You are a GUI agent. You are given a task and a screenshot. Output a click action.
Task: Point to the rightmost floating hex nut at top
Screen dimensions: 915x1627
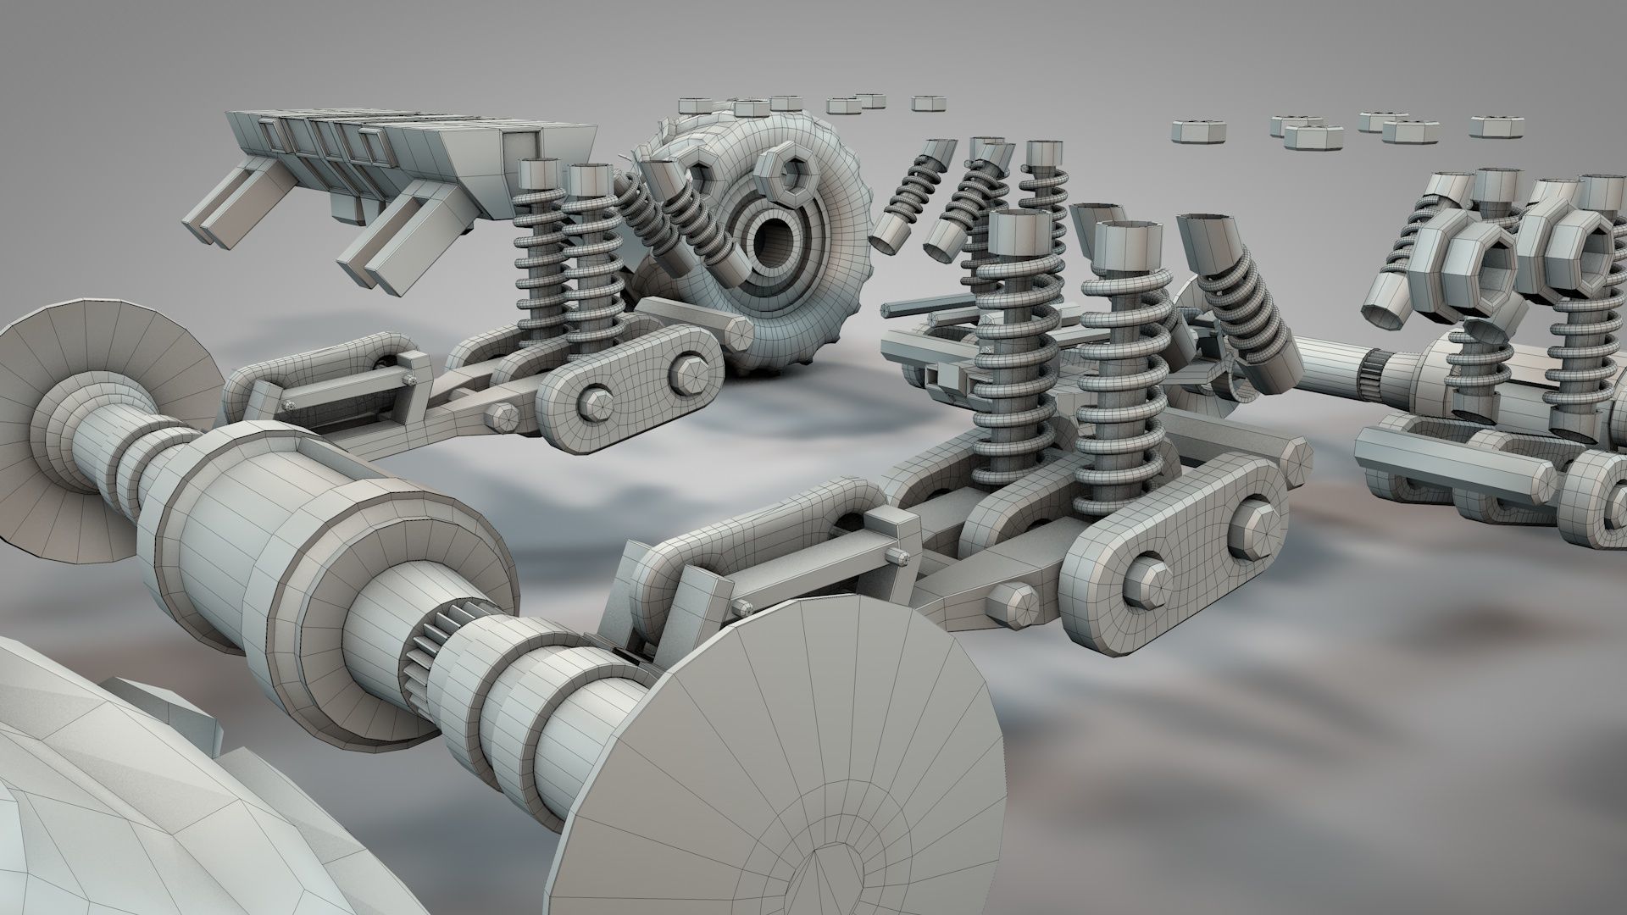coord(1496,125)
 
